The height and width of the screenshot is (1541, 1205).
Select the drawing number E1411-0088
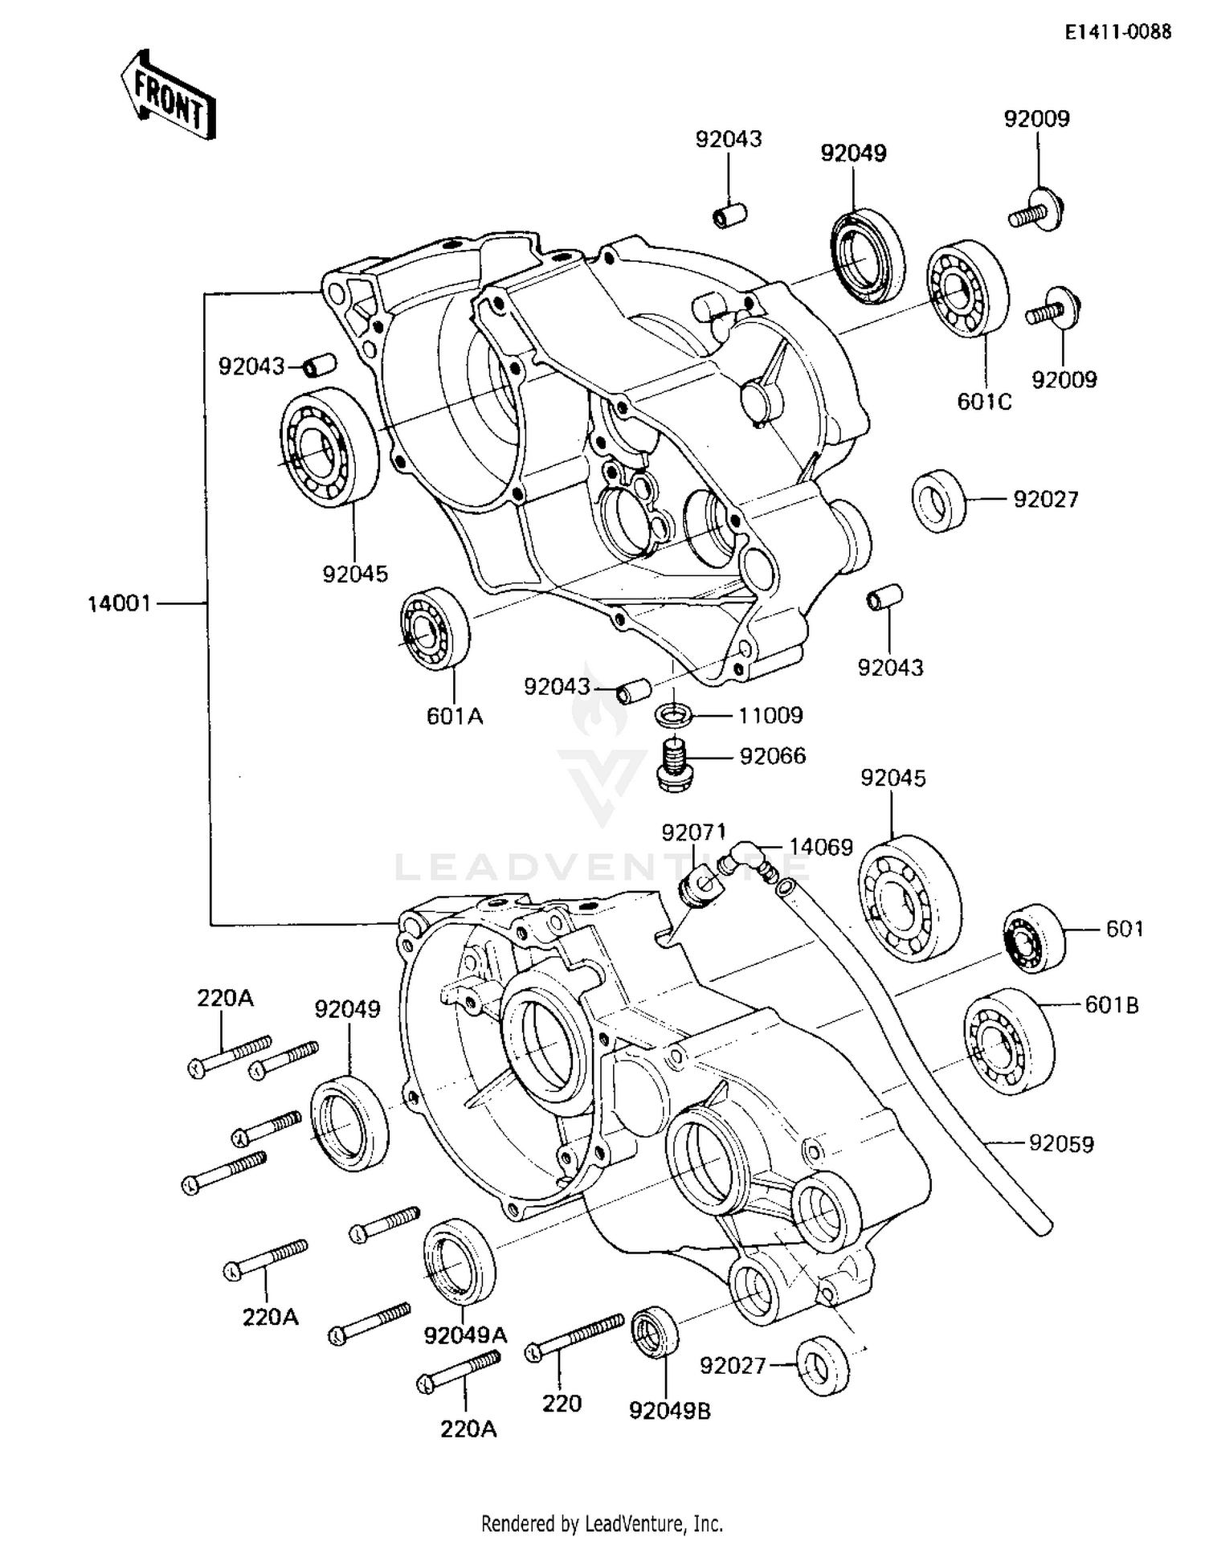pyautogui.click(x=1118, y=31)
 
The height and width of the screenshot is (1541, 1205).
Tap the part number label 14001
pyautogui.click(x=119, y=603)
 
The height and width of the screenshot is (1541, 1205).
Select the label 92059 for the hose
pyautogui.click(x=1061, y=1142)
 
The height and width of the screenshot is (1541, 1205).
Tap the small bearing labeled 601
pyautogui.click(x=1031, y=938)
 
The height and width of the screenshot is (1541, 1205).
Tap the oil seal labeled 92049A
pyautogui.click(x=459, y=1261)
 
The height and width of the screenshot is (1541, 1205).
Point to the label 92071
pyautogui.click(x=693, y=832)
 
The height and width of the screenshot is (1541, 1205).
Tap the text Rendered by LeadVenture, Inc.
pyautogui.click(x=602, y=1523)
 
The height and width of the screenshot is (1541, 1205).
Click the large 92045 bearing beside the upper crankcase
pyautogui.click(x=330, y=446)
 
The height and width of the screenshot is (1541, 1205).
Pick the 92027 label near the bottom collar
pyautogui.click(x=733, y=1365)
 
